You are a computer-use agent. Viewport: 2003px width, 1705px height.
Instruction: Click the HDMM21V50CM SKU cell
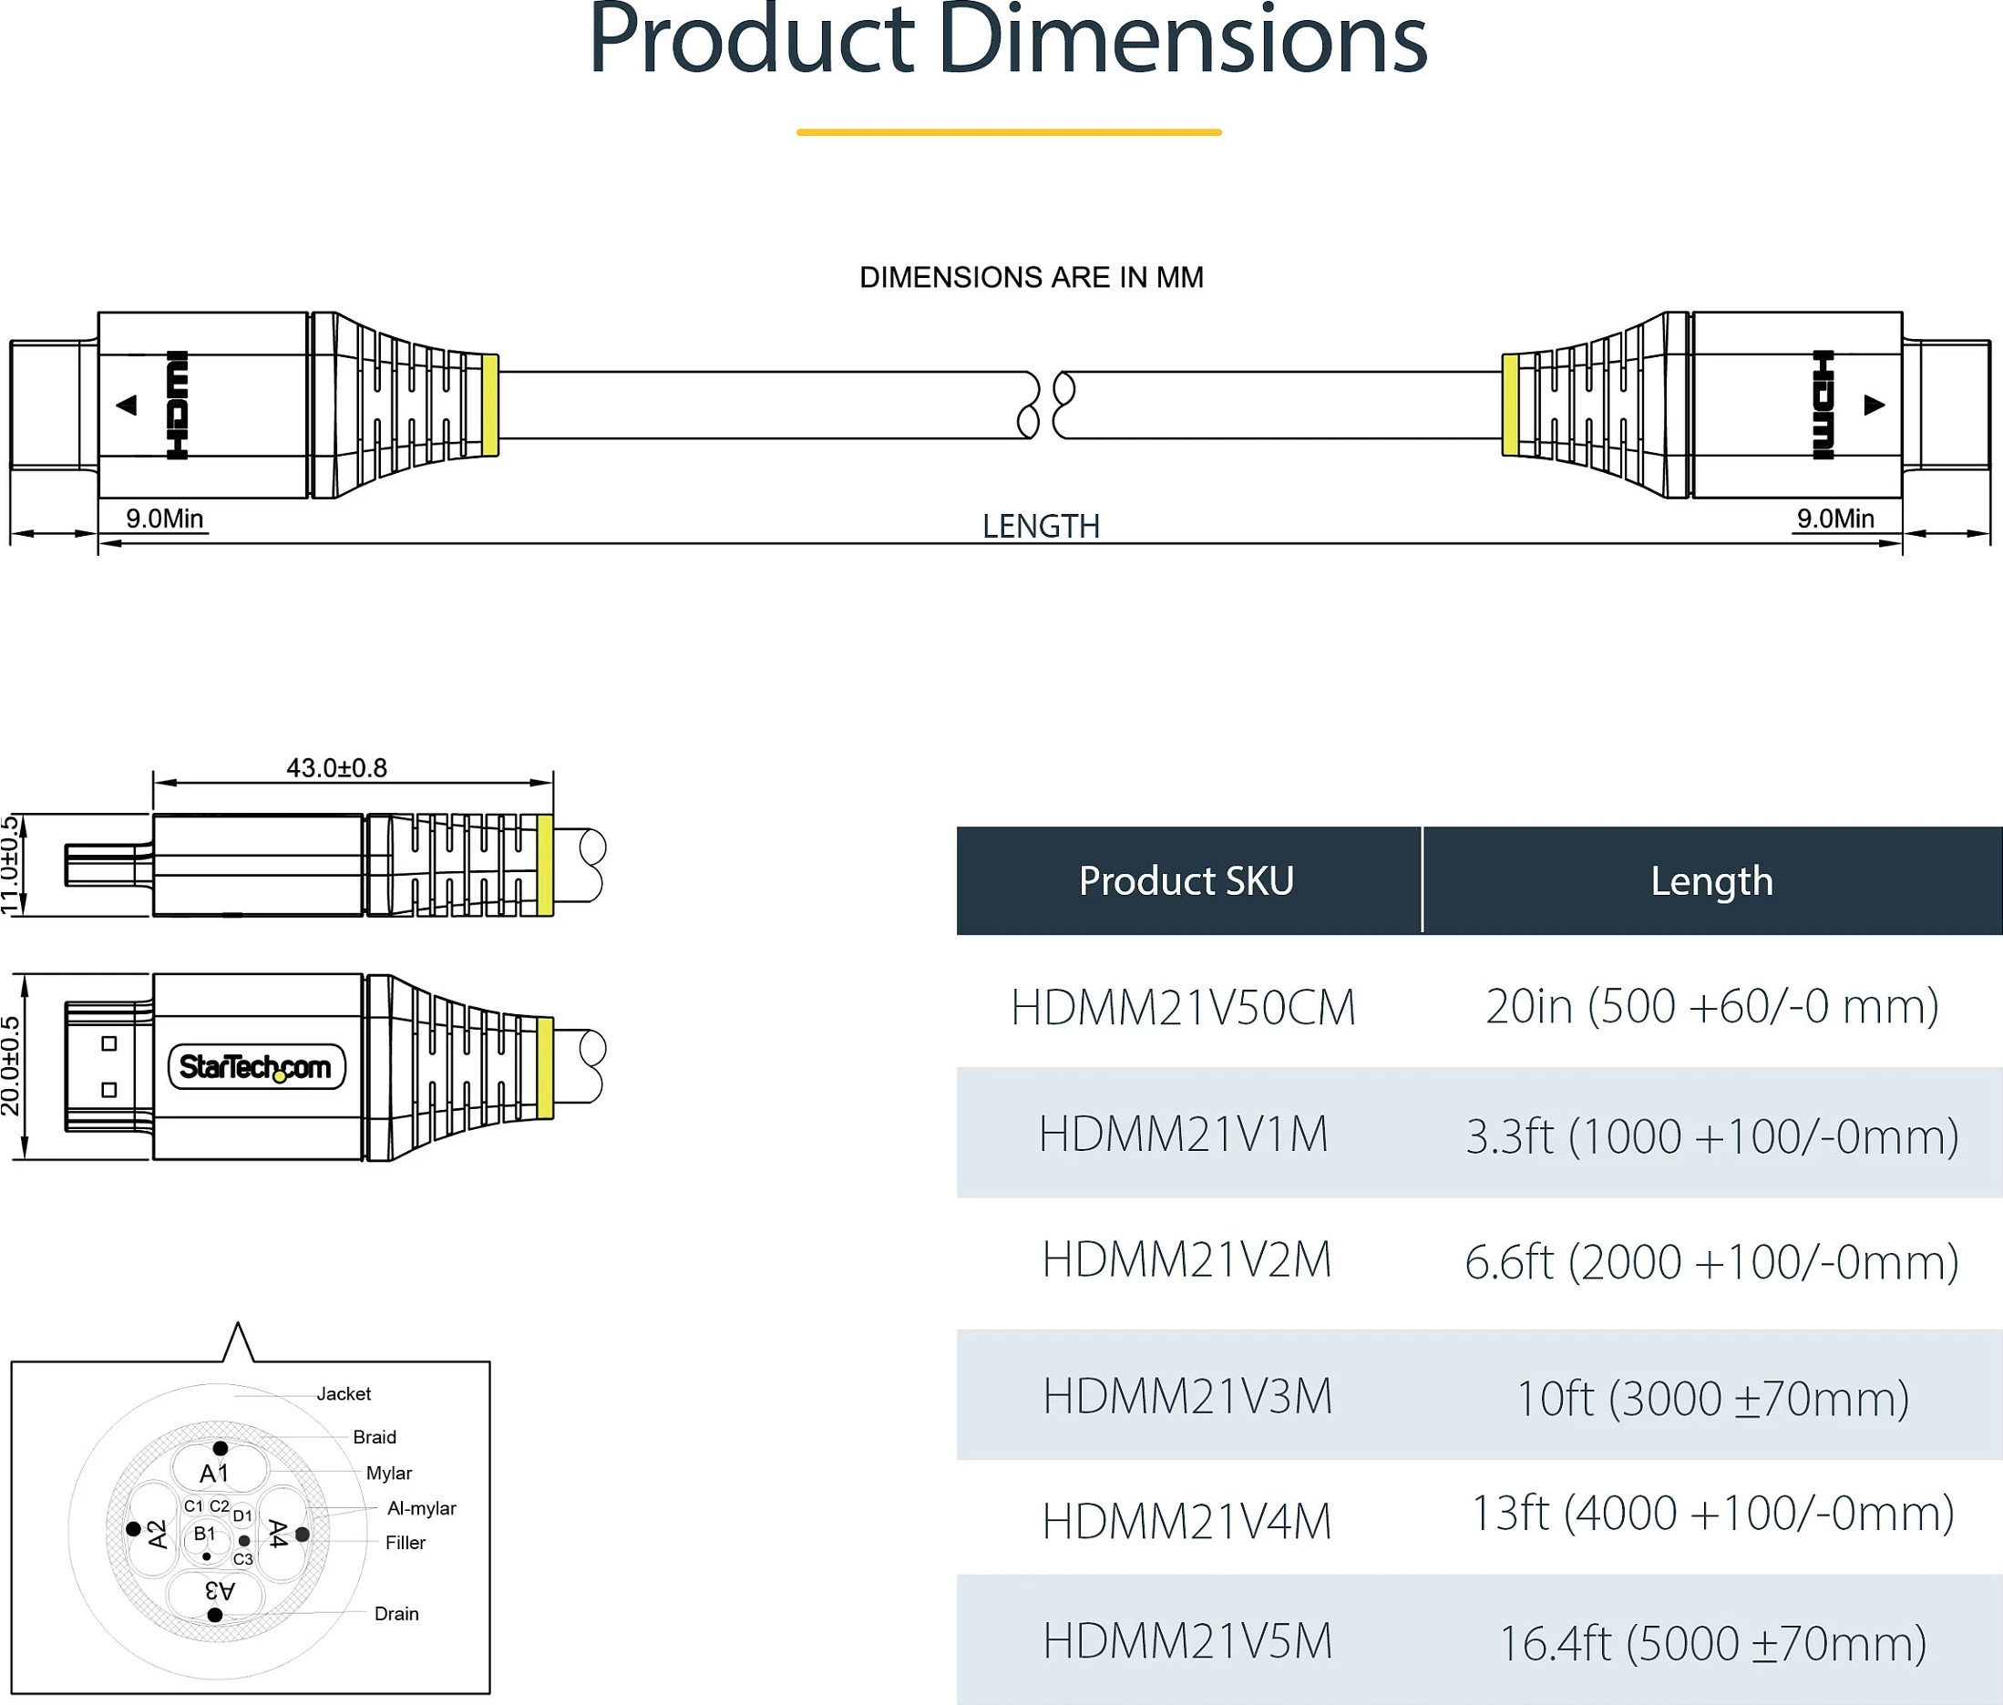pos(1183,1008)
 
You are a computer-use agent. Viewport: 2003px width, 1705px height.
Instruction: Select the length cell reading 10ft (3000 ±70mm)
pos(1712,1399)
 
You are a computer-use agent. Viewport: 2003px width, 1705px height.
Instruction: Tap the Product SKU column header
pos(1186,880)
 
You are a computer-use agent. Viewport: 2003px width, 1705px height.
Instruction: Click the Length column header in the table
pos(1712,880)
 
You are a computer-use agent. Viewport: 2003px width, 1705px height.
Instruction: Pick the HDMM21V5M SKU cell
pos(1187,1641)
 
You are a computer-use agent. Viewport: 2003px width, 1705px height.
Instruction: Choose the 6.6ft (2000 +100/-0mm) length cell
pos(1712,1262)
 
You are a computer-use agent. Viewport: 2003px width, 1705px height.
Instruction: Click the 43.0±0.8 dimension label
pos(336,767)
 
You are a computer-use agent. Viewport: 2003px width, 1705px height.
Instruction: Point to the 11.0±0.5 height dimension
pos(10,865)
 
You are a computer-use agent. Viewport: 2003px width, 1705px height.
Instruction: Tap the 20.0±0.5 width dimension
pos(10,1066)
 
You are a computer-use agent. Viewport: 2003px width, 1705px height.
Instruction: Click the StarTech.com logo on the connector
pos(256,1067)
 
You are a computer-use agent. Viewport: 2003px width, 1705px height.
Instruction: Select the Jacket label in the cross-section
pos(344,1393)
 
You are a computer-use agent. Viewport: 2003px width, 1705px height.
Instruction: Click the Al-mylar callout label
pos(422,1508)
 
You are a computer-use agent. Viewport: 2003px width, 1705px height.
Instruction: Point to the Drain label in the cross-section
pos(396,1613)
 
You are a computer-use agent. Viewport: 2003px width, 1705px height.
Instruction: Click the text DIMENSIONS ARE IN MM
pos(1032,277)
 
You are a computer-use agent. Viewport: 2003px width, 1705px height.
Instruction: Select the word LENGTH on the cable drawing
pos(1041,526)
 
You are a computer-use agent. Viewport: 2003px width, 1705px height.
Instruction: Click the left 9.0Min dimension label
pos(164,519)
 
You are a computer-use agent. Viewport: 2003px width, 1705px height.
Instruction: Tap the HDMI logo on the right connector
pos(1823,405)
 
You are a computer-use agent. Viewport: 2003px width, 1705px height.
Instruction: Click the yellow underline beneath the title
pos(1009,132)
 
